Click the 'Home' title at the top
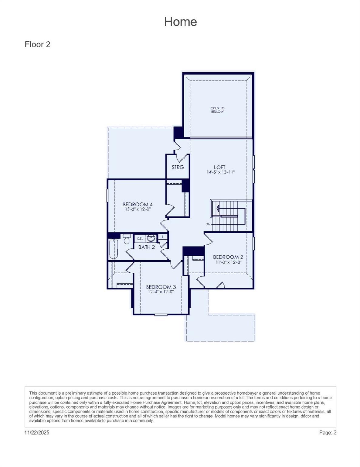(180, 22)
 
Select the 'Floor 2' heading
(37, 44)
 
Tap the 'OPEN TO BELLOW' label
(217, 110)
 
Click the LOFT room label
(219, 167)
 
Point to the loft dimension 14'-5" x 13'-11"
(221, 172)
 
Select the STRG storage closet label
(178, 167)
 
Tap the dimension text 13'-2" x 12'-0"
(138, 209)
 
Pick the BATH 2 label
(146, 247)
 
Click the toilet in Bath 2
(127, 239)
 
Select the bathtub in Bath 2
(114, 249)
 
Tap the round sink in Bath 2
(151, 238)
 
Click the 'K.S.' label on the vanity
(140, 239)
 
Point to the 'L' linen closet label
(163, 237)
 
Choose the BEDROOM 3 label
(161, 287)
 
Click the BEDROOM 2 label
(228, 257)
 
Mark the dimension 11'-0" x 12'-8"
(228, 262)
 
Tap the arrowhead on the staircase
(218, 208)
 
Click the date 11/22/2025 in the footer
(37, 433)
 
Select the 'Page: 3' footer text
(328, 433)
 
